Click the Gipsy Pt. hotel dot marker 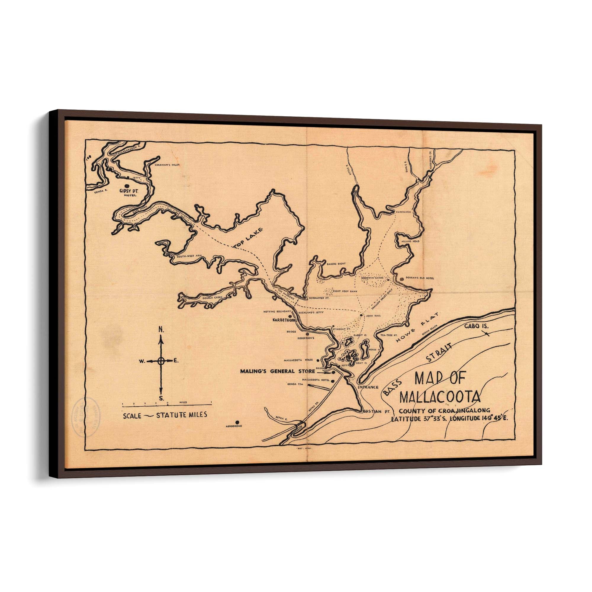tap(127, 186)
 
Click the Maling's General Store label tap(277, 371)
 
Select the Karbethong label tap(285, 320)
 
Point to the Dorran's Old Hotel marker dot tap(402, 279)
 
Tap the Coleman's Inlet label tap(167, 165)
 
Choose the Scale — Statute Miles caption tap(165, 415)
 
